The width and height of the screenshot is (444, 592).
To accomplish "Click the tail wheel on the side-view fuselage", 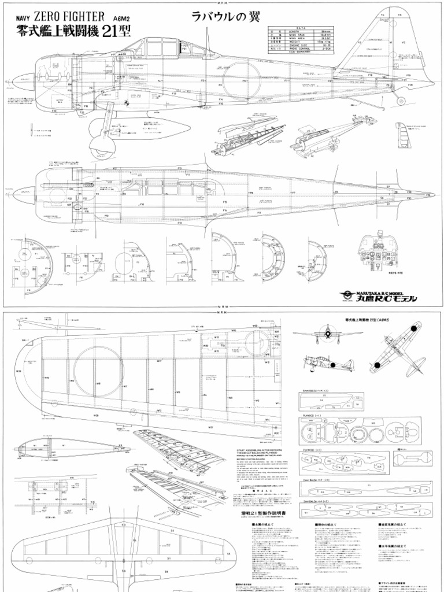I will [401, 101].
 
